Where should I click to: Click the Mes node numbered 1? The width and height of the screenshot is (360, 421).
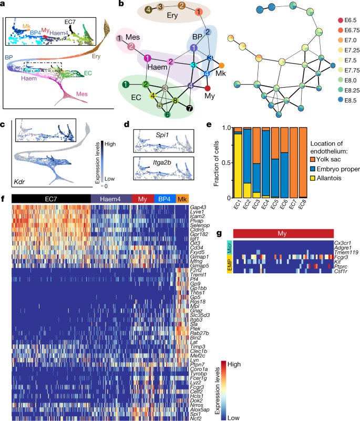(x=121, y=38)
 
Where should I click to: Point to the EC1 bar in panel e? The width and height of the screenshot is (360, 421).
(x=238, y=163)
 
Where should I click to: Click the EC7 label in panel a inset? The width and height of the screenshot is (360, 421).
(x=71, y=22)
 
